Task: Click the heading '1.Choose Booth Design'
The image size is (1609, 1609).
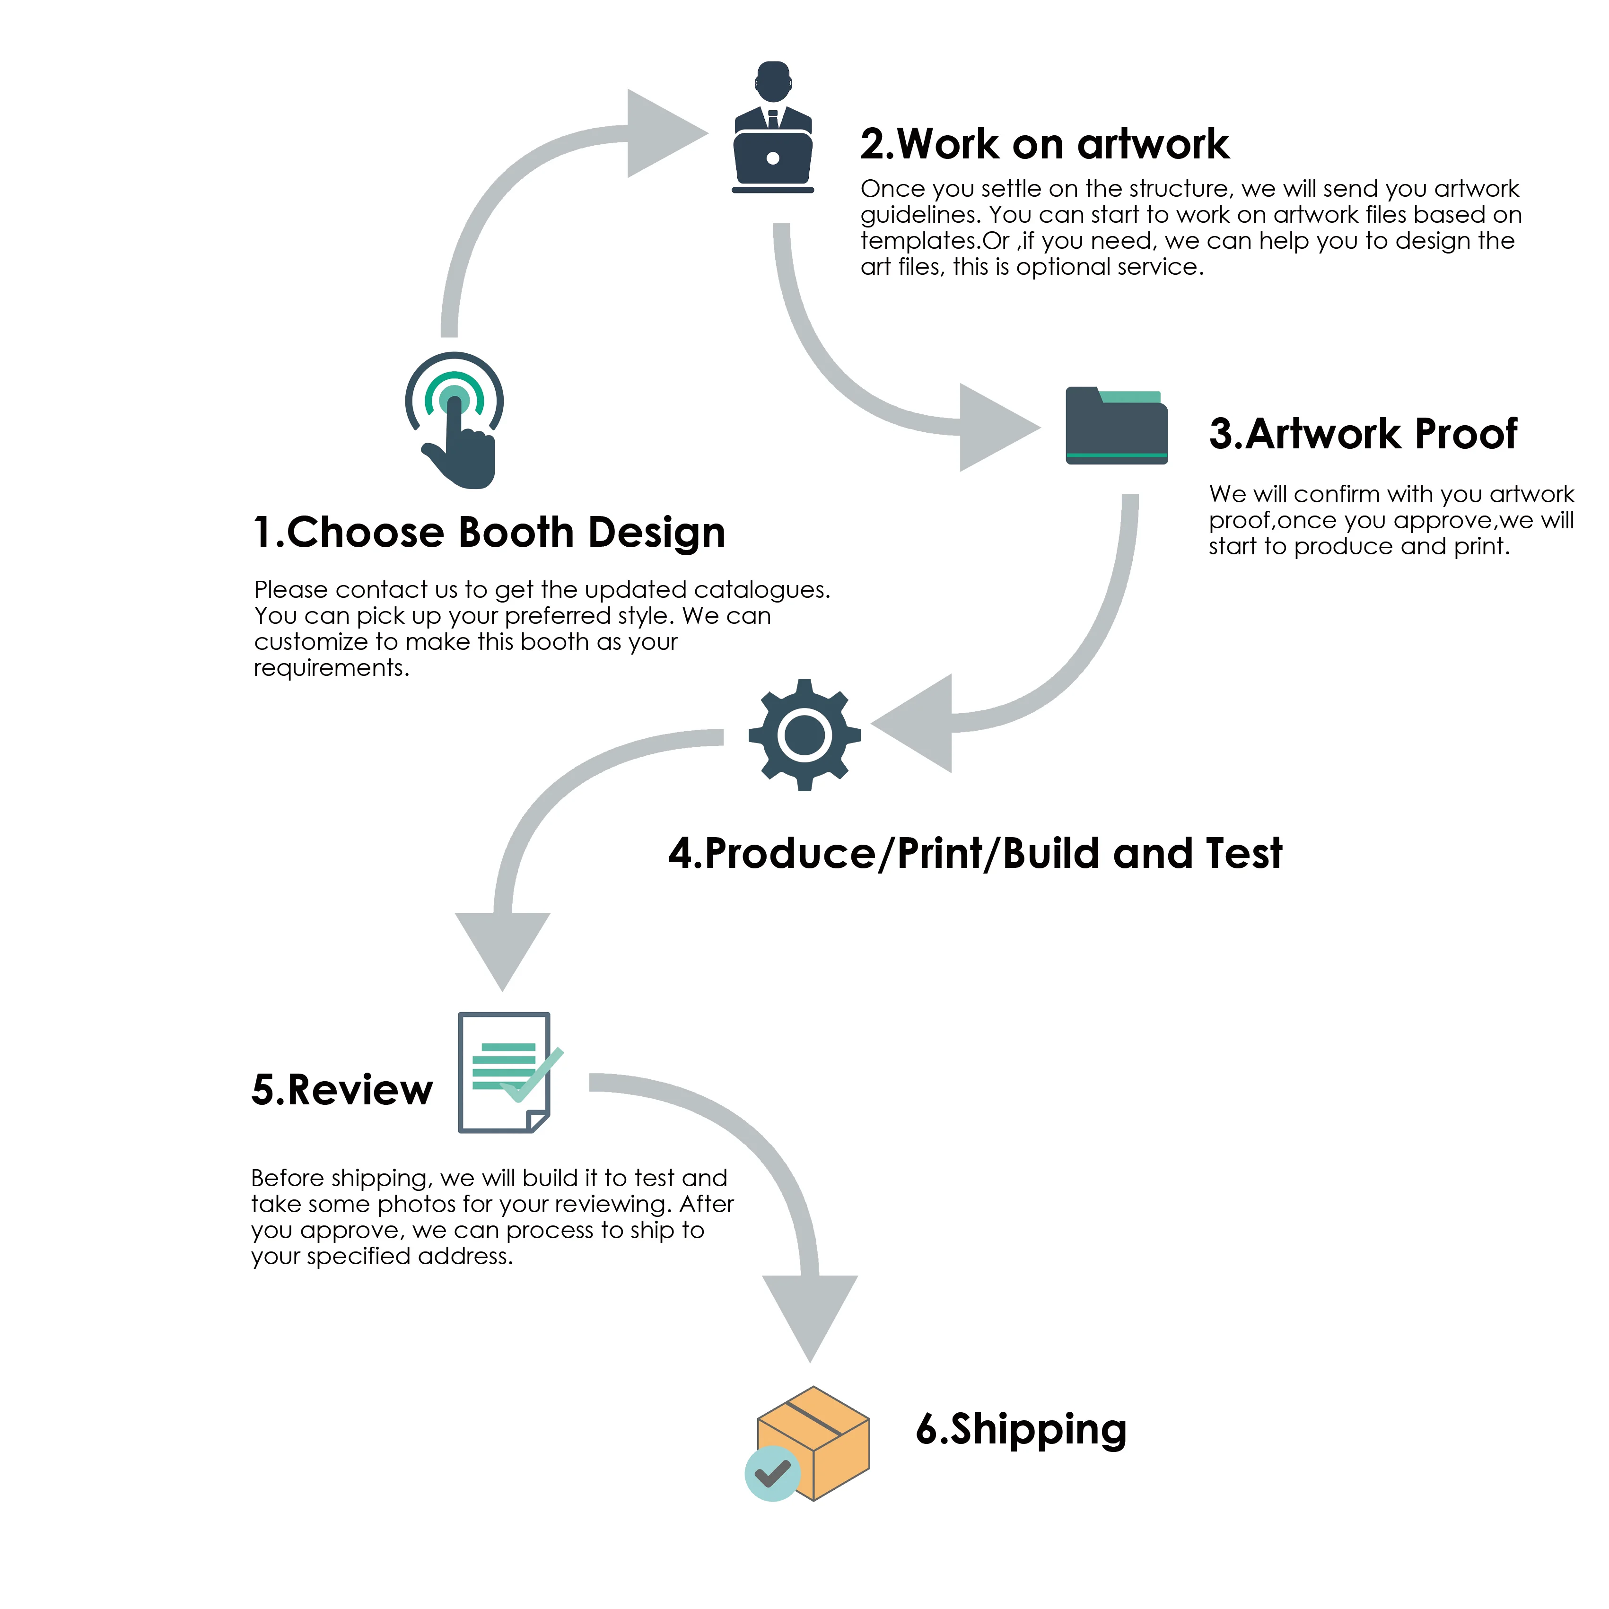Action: pyautogui.click(x=489, y=533)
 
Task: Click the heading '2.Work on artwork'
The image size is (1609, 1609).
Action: pyautogui.click(x=1044, y=145)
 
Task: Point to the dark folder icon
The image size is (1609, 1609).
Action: pyautogui.click(x=1116, y=427)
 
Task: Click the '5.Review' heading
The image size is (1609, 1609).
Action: pyautogui.click(x=342, y=1090)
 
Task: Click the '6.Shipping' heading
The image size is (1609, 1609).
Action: pyautogui.click(x=1021, y=1430)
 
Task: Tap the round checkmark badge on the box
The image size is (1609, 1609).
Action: pyautogui.click(x=772, y=1473)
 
